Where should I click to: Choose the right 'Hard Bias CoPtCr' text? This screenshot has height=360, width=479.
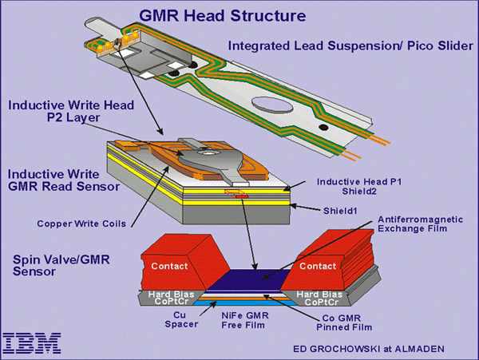click(x=324, y=299)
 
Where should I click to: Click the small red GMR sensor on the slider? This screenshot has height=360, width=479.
click(x=239, y=194)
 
